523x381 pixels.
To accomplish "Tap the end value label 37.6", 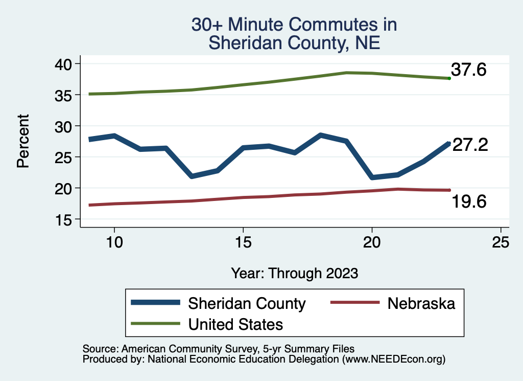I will point(468,70).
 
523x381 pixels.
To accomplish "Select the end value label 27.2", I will point(470,145).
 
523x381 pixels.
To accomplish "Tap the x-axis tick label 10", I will point(114,242).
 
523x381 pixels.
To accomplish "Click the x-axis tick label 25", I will point(501,242).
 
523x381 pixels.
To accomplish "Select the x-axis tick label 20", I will point(372,242).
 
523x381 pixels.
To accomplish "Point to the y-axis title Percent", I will point(22,141).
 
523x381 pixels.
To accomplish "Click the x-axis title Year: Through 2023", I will point(294,273).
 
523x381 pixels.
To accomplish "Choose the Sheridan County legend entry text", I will point(247,303).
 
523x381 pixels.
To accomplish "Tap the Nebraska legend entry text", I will point(421,303).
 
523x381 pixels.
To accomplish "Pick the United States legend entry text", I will point(235,324).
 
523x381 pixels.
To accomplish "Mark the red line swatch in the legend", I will point(355,303).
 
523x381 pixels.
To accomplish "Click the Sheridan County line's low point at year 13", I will point(192,176).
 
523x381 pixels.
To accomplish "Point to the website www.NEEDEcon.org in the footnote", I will point(393,360).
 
